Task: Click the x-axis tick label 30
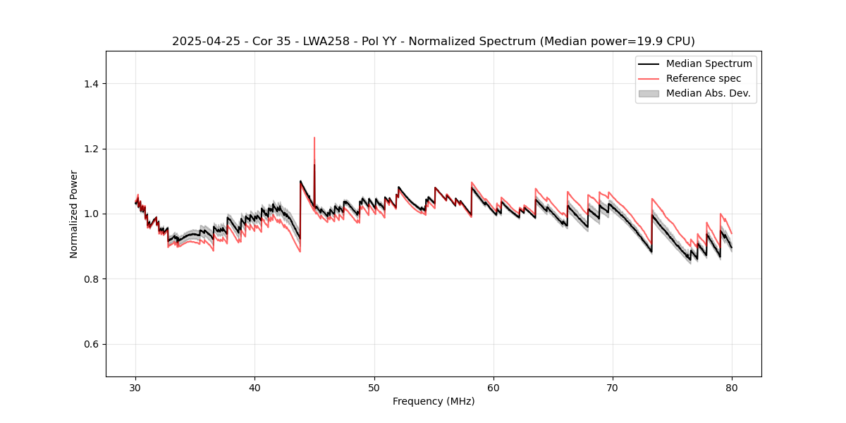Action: (x=136, y=388)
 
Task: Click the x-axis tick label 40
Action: (x=255, y=388)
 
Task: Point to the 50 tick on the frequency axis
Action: (x=374, y=388)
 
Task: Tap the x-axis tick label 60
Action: (x=493, y=388)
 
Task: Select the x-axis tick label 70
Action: (x=613, y=388)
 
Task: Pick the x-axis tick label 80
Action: (x=732, y=388)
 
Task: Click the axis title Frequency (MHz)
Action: (x=434, y=401)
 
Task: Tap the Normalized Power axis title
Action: (x=74, y=214)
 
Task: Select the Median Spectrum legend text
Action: (x=709, y=63)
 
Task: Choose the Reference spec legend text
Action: (x=704, y=78)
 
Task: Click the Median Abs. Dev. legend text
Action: (x=708, y=93)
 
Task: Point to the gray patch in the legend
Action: (x=649, y=93)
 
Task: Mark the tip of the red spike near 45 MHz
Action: (x=314, y=137)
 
